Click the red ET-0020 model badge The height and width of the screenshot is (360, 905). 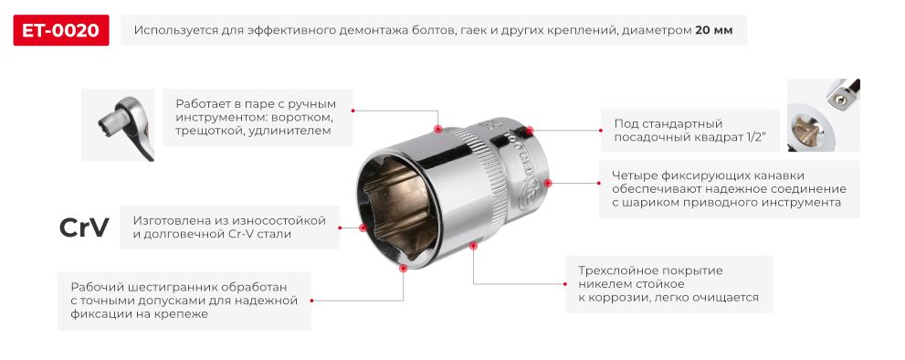point(61,30)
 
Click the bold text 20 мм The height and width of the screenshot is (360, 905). point(713,30)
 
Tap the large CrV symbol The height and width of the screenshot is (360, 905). point(84,228)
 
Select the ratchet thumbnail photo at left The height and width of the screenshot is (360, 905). point(118,124)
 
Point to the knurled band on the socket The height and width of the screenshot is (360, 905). point(489,183)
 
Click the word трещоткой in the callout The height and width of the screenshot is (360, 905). point(210,132)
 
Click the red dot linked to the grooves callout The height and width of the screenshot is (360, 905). point(548,183)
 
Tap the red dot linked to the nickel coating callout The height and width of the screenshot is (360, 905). point(472,245)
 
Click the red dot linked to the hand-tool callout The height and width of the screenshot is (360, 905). point(439,128)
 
